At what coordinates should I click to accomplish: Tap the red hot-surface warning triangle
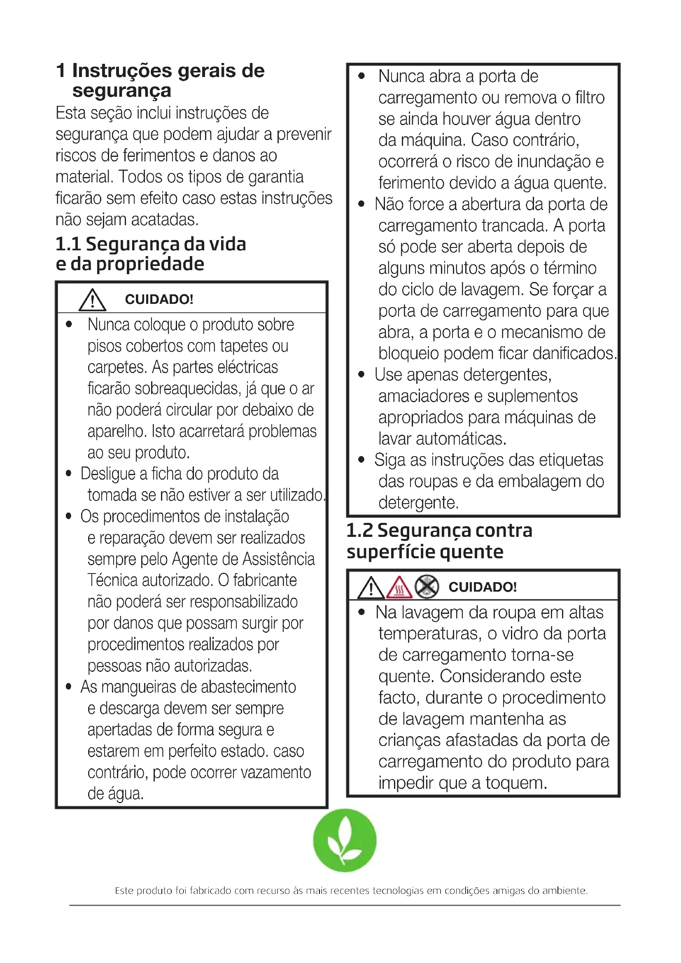[399, 587]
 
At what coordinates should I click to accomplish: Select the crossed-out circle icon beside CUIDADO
[427, 586]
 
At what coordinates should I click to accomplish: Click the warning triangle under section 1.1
[92, 300]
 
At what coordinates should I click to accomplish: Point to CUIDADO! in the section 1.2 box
[482, 587]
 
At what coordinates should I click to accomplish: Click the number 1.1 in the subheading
[68, 244]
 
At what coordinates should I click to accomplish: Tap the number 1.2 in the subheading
[359, 531]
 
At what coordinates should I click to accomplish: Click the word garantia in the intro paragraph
[275, 177]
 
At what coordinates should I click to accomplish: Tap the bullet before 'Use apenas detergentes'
[361, 375]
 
